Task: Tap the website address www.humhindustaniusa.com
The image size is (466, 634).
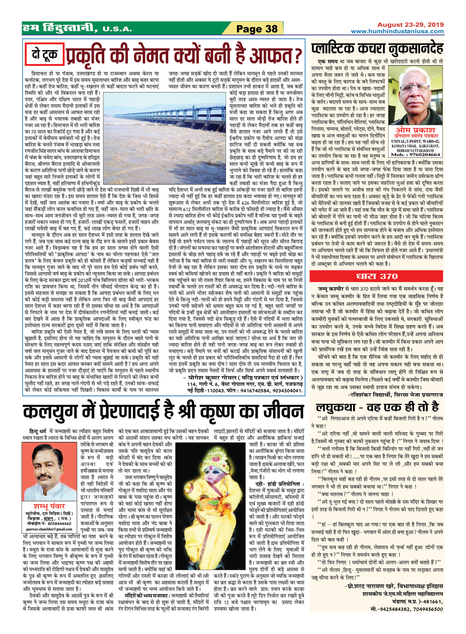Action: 397,31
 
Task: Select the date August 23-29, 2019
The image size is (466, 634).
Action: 404,25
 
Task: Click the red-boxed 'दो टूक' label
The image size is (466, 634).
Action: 45,54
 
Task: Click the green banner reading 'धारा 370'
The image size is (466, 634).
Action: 377,276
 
